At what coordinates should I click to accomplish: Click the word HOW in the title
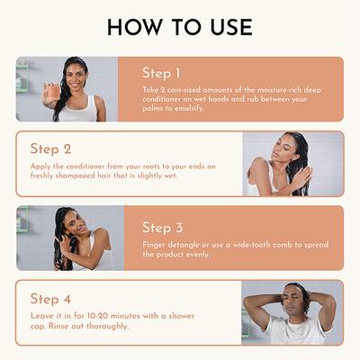pyautogui.click(x=134, y=27)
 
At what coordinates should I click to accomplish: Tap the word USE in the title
pyautogui.click(x=231, y=27)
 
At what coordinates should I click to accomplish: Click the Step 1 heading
pyautogui.click(x=161, y=73)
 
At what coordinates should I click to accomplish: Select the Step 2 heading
pyautogui.click(x=50, y=148)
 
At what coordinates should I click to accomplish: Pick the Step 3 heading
pyautogui.click(x=162, y=228)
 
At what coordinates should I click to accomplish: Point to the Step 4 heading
pyautogui.click(x=50, y=299)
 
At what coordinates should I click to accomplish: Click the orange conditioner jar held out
pyautogui.click(x=53, y=91)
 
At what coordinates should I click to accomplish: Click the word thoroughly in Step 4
pyautogui.click(x=107, y=326)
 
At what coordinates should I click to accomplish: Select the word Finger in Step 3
pyautogui.click(x=154, y=245)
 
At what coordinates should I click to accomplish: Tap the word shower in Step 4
pyautogui.click(x=182, y=316)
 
